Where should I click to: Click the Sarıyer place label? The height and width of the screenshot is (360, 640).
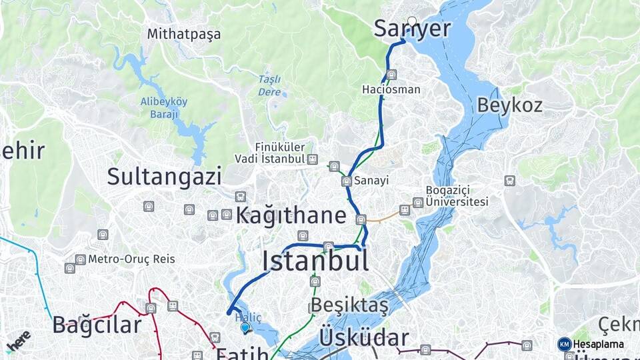[412, 29]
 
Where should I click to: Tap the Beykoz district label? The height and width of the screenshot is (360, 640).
[509, 105]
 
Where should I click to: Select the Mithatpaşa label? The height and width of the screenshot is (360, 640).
[184, 33]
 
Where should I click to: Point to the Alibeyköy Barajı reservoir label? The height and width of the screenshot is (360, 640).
[163, 107]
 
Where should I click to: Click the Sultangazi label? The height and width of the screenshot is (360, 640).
[164, 177]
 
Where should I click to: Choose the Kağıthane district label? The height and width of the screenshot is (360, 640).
[291, 215]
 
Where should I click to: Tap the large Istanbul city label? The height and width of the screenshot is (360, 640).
[315, 261]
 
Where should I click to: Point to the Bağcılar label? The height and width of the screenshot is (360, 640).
[97, 325]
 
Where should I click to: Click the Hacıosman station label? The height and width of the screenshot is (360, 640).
[391, 89]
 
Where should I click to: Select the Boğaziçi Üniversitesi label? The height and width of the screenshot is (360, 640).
[457, 196]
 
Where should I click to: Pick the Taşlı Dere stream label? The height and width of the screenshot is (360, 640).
[269, 86]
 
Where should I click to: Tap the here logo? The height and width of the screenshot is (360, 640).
[18, 341]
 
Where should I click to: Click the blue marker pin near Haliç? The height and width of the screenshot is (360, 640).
[245, 327]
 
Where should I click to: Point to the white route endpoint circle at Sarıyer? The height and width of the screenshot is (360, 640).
[412, 21]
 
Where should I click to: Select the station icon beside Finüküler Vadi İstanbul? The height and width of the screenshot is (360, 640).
[313, 159]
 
